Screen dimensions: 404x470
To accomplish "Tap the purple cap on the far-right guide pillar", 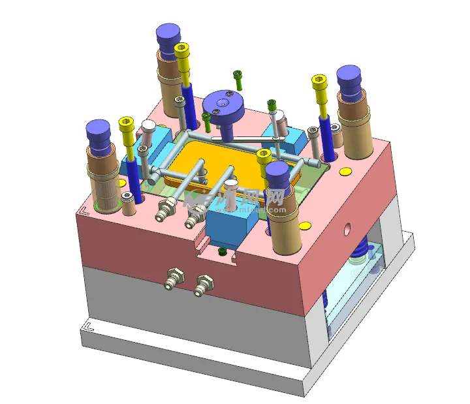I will point(350,78).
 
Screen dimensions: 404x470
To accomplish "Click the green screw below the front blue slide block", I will point(223,251).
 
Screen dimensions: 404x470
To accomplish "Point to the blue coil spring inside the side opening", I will point(360,249).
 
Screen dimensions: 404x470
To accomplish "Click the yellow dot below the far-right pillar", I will point(344,172).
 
